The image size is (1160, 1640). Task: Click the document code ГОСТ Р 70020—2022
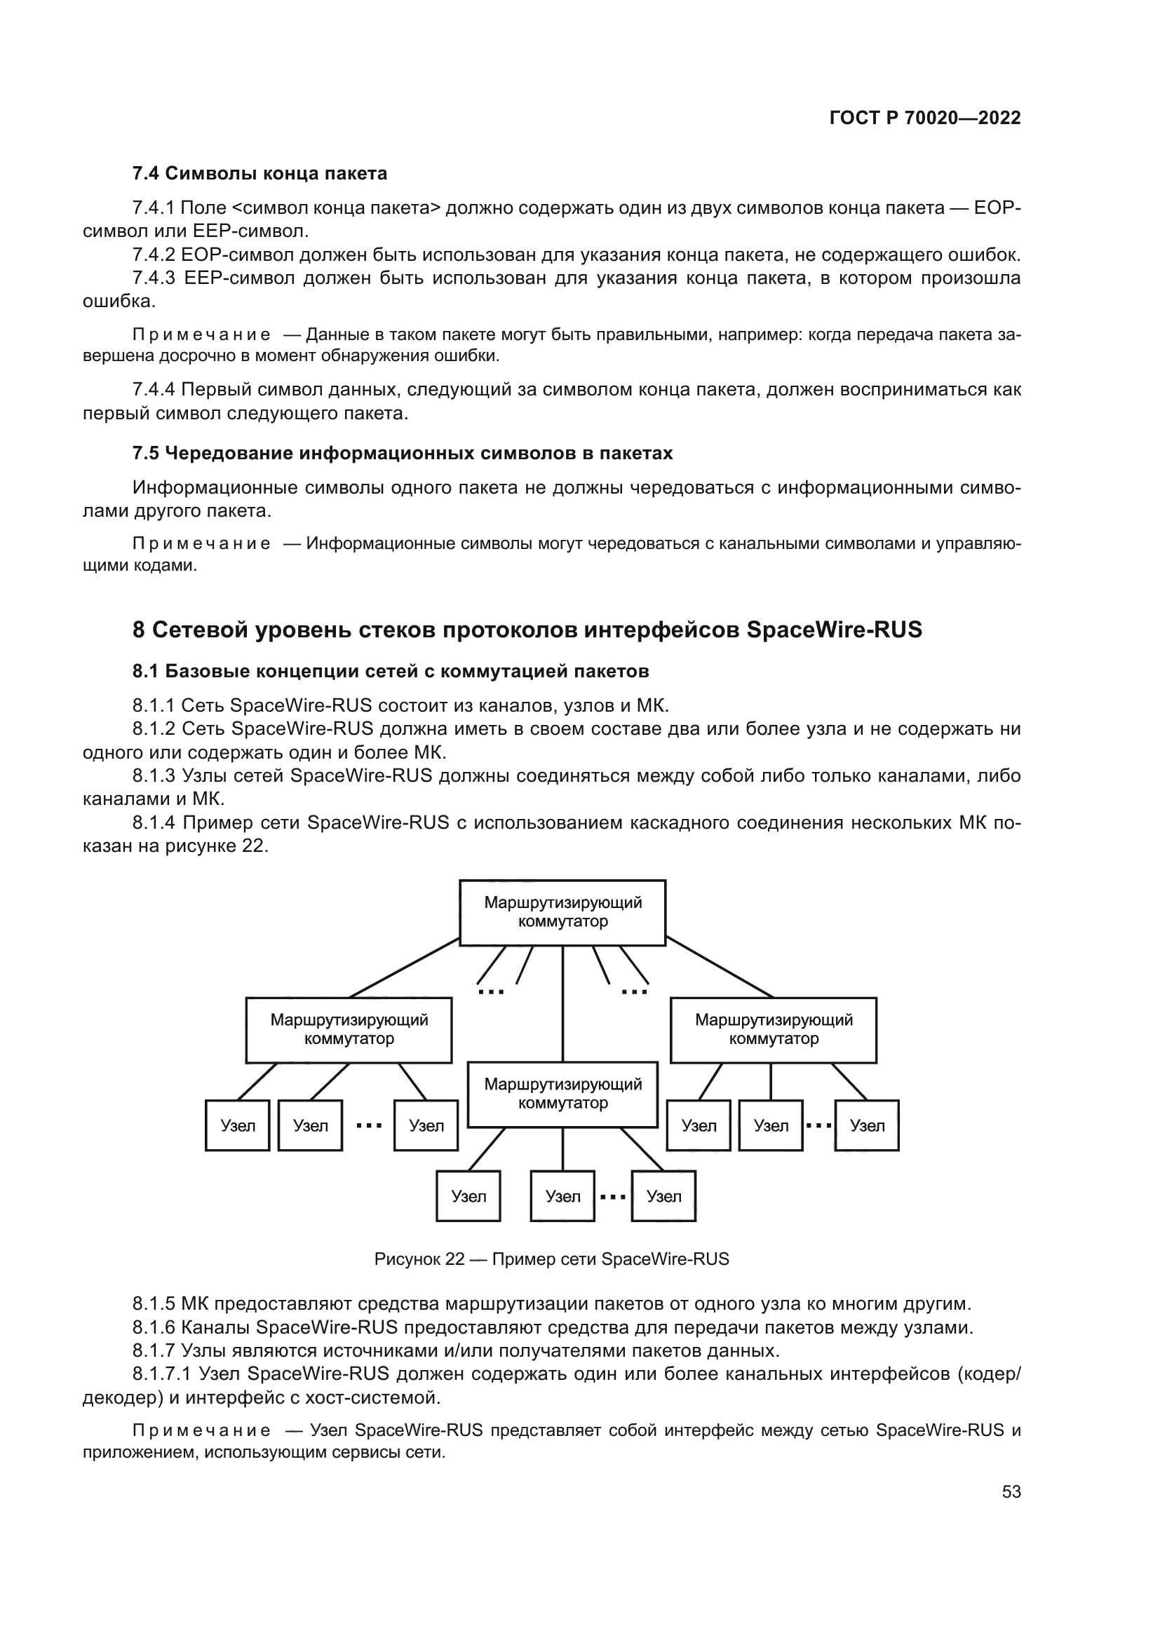click(924, 118)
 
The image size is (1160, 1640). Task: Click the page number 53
click(1011, 1491)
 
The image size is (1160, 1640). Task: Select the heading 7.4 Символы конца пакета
click(259, 174)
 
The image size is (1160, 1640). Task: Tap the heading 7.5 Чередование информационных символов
click(402, 454)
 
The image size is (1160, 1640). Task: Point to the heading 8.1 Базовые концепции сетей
click(390, 672)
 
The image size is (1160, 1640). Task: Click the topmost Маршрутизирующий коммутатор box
click(562, 912)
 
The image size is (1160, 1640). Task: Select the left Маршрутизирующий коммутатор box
click(349, 1029)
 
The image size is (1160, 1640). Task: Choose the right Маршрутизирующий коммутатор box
click(773, 1029)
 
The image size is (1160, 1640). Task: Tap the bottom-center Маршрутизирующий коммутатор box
click(562, 1094)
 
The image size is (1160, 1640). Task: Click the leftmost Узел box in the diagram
click(237, 1126)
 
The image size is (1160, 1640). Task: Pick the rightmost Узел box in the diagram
click(866, 1126)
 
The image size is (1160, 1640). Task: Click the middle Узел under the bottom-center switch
click(562, 1196)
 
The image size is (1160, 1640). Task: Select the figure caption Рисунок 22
click(551, 1259)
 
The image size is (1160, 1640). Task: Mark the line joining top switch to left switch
click(403, 968)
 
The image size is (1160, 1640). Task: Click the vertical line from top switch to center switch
click(563, 1003)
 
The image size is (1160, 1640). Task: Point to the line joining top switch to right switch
click(720, 968)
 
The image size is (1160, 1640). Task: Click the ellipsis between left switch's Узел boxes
click(369, 1126)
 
